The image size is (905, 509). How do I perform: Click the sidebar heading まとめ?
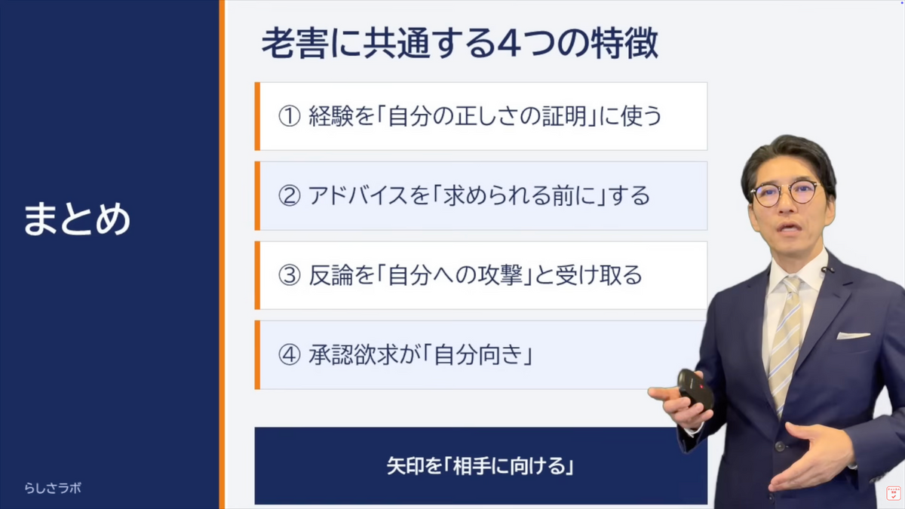[x=77, y=219]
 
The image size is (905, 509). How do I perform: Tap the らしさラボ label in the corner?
[x=53, y=488]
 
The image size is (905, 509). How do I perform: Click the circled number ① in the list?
[x=290, y=116]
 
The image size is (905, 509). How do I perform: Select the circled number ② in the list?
[x=290, y=196]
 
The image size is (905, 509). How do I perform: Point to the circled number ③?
[x=290, y=275]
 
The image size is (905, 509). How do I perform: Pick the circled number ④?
[x=290, y=355]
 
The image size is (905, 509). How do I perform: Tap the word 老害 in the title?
[x=295, y=44]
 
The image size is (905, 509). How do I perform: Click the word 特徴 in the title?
[x=624, y=44]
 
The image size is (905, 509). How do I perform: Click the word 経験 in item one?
[x=331, y=116]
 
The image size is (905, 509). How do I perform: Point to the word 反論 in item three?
[x=331, y=275]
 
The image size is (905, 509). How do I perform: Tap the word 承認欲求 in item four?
[x=353, y=355]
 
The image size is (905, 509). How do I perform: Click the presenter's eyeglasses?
[x=785, y=193]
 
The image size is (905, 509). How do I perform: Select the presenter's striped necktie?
[x=786, y=343]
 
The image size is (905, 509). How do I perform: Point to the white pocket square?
[x=852, y=336]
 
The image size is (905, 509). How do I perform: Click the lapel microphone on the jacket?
[x=827, y=269]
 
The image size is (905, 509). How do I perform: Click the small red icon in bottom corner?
[x=893, y=493]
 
